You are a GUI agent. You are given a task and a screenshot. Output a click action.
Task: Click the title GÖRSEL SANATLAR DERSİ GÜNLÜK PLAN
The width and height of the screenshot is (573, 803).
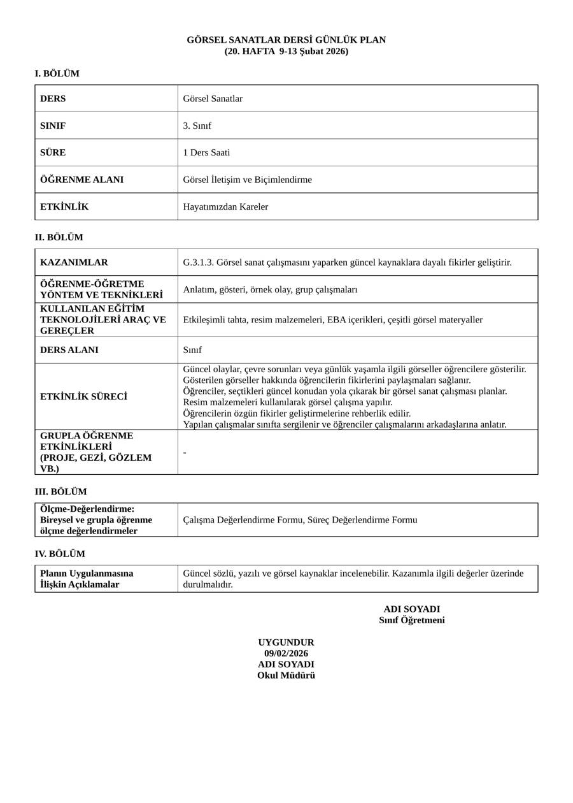pyautogui.click(x=286, y=40)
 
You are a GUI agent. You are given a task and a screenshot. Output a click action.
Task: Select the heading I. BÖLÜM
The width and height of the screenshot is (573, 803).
pyautogui.click(x=57, y=74)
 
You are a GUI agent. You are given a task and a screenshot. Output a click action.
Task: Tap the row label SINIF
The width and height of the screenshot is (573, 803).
pyautogui.click(x=53, y=126)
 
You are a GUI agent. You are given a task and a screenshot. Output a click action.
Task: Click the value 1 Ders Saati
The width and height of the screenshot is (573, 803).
pyautogui.click(x=206, y=153)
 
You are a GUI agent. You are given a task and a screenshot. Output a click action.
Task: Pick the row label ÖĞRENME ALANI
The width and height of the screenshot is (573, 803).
pyautogui.click(x=81, y=180)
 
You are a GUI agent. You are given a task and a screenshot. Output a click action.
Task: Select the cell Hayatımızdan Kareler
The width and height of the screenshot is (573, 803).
pyautogui.click(x=225, y=207)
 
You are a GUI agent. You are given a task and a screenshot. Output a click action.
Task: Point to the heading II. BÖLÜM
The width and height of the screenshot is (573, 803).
pyautogui.click(x=59, y=238)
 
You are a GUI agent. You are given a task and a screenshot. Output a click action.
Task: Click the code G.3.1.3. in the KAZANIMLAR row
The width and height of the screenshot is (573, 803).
pyautogui.click(x=198, y=263)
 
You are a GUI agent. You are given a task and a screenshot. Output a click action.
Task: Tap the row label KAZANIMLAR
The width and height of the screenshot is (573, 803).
pyautogui.click(x=74, y=263)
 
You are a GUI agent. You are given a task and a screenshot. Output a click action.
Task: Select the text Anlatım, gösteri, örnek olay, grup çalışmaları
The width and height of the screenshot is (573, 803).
pyautogui.click(x=270, y=290)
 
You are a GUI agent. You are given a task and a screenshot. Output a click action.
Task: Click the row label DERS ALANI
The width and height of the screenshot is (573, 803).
pyautogui.click(x=69, y=350)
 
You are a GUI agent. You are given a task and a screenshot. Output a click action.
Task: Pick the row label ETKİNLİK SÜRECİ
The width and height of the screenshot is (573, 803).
pyautogui.click(x=83, y=396)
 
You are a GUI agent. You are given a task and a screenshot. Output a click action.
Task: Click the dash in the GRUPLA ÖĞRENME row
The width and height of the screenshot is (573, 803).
pyautogui.click(x=185, y=452)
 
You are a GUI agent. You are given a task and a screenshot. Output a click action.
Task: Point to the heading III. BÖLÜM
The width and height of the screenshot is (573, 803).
pyautogui.click(x=60, y=492)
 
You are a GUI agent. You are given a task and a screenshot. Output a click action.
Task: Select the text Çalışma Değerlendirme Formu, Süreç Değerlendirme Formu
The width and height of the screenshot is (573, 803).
pyautogui.click(x=300, y=520)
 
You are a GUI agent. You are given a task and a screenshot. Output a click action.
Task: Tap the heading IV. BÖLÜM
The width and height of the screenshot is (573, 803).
pyautogui.click(x=60, y=554)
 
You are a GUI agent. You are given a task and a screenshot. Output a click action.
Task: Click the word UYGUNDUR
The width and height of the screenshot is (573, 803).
pyautogui.click(x=286, y=642)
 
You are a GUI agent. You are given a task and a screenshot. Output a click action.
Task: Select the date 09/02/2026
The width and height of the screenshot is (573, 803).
pyautogui.click(x=286, y=654)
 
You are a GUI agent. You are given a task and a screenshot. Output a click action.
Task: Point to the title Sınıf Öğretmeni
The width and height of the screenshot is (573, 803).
pyautogui.click(x=412, y=621)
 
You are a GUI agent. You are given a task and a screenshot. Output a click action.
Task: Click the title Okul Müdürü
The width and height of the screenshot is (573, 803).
pyautogui.click(x=286, y=676)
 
